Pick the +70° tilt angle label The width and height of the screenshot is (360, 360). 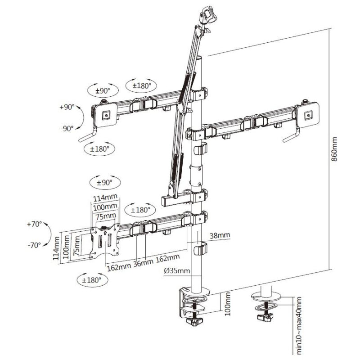(34, 224)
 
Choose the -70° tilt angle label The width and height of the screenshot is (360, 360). (34, 245)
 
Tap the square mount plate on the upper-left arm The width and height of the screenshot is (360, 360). (106, 115)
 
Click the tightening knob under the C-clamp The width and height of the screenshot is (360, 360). (196, 323)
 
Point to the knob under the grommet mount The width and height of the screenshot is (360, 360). (264, 318)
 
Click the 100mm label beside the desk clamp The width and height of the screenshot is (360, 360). (227, 304)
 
